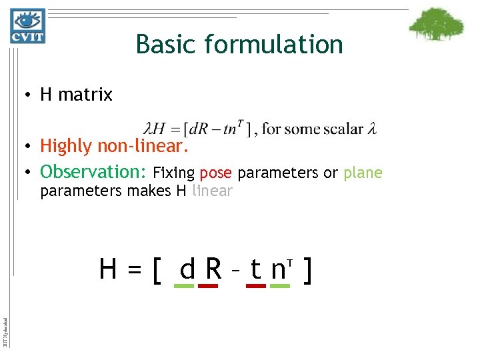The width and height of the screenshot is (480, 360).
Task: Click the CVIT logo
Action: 27,27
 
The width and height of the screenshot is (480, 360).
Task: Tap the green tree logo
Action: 436,25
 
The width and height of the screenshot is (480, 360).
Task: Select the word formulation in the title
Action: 274,45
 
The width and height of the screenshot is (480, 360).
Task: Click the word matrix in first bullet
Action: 85,95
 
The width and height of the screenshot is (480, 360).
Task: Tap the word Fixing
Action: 173,173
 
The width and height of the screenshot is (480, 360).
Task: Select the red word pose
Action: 215,174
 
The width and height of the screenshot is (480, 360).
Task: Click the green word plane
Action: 363,173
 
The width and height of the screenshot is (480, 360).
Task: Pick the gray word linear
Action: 212,191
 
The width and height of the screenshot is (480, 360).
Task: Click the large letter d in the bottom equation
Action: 187,269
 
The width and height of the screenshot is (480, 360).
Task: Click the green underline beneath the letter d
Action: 183,286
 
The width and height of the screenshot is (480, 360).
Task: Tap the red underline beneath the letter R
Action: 209,286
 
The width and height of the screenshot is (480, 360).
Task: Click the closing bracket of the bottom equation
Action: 308,269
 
